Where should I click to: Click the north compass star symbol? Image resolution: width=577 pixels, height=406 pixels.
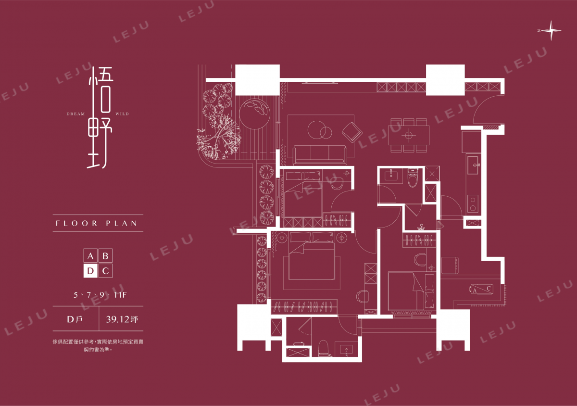click(x=551, y=31)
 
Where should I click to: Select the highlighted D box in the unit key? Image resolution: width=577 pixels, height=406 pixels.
click(x=90, y=271)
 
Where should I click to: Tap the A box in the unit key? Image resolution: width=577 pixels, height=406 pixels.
click(x=90, y=256)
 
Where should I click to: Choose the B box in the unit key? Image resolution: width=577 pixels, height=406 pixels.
click(x=105, y=256)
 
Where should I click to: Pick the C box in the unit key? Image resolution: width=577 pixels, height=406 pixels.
click(x=105, y=271)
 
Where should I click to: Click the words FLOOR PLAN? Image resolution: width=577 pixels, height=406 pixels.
click(x=97, y=223)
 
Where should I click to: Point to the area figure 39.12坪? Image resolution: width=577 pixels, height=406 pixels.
click(x=122, y=319)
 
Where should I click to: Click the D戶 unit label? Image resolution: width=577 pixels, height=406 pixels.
click(x=75, y=319)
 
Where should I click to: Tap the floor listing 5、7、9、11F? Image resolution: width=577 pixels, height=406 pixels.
click(x=100, y=295)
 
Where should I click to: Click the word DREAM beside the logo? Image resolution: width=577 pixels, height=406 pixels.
click(x=76, y=114)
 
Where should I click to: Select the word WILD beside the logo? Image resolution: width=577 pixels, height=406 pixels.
click(x=122, y=114)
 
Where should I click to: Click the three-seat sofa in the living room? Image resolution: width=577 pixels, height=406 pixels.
click(x=320, y=155)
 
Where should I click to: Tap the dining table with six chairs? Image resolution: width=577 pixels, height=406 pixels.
click(x=409, y=135)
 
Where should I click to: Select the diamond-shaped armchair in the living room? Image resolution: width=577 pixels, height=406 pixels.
click(x=352, y=132)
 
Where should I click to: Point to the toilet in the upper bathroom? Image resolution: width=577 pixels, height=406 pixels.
click(x=413, y=178)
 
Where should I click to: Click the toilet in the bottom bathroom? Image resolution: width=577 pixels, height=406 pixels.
click(x=324, y=348)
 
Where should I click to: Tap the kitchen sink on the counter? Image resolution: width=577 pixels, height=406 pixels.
click(x=473, y=165)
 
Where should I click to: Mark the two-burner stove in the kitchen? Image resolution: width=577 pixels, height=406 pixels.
click(x=473, y=203)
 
